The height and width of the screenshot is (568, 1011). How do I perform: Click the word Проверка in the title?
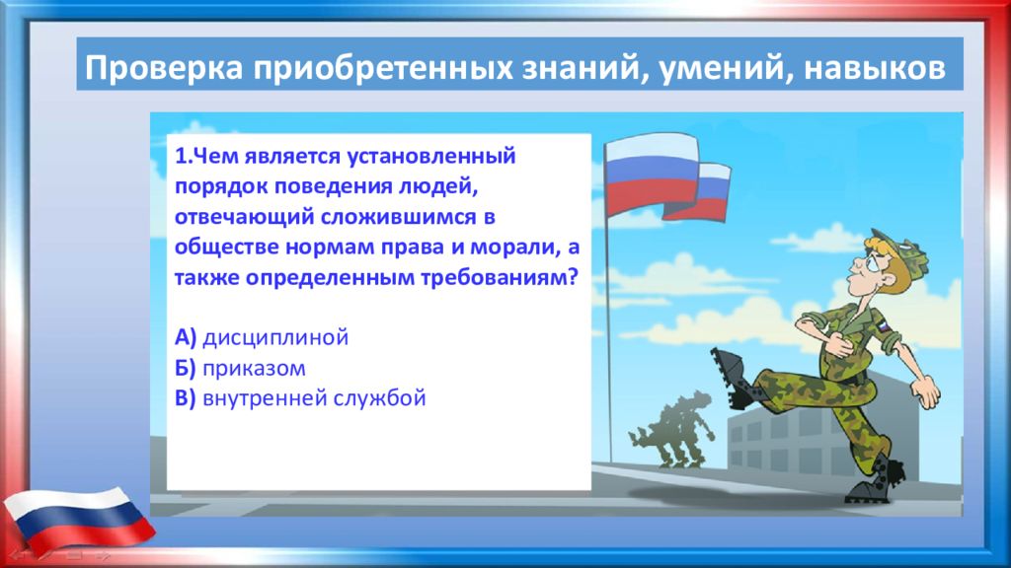coord(164,68)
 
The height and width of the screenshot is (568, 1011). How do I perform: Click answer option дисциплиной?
coord(275,338)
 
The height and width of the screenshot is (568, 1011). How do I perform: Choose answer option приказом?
coord(254,369)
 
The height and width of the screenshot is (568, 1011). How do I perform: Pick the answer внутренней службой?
coord(314,398)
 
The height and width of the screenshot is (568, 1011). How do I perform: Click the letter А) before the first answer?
coord(185,337)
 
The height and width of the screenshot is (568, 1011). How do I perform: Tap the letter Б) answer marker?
coord(185,368)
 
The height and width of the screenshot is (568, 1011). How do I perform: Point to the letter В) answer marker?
coord(185,398)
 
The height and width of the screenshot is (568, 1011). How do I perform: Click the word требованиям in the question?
coord(499,277)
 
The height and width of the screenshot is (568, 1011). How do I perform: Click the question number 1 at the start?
coord(180,156)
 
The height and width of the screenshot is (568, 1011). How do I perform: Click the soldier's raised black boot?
coord(734,378)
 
